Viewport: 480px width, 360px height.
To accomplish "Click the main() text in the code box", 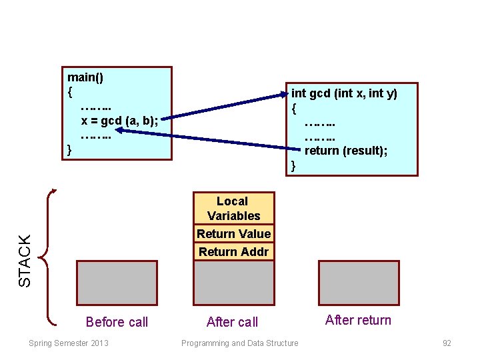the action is click(x=85, y=77).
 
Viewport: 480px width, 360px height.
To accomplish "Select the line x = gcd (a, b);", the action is click(x=119, y=121).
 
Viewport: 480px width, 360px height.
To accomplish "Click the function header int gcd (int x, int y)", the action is click(x=344, y=94).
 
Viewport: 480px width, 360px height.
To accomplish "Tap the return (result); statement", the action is click(x=346, y=151).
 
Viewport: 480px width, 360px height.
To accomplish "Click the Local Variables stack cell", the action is click(x=233, y=208).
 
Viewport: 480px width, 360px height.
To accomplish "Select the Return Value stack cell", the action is click(x=233, y=233).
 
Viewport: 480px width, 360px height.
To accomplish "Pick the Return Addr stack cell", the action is click(x=233, y=251).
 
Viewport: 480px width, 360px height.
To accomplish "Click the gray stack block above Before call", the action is click(x=117, y=283).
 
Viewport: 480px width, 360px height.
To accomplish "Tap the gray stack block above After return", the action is click(x=358, y=283).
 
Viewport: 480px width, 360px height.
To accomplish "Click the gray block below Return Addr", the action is click(x=233, y=283).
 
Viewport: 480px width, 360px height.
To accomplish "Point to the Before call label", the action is click(x=117, y=322).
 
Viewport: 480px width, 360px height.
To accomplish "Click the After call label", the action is click(x=232, y=322).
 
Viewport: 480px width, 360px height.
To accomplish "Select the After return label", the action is click(x=358, y=320).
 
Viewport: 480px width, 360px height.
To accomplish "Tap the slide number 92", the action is click(x=447, y=343).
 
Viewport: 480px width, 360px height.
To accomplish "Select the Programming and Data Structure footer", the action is click(x=240, y=343).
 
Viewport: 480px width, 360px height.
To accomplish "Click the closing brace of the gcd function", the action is click(x=293, y=165).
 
